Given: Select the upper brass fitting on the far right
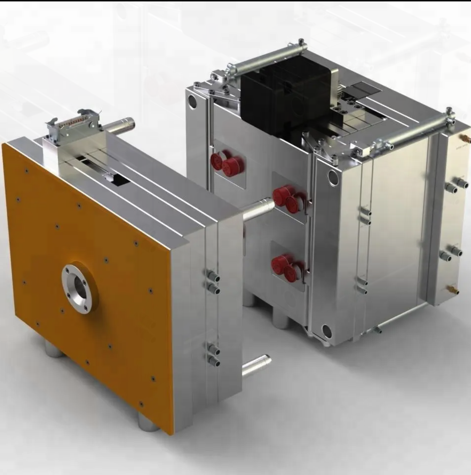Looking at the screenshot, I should (463, 137).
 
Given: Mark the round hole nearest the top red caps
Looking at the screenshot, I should (193, 102).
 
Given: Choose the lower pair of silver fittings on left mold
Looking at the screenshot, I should (212, 355).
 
